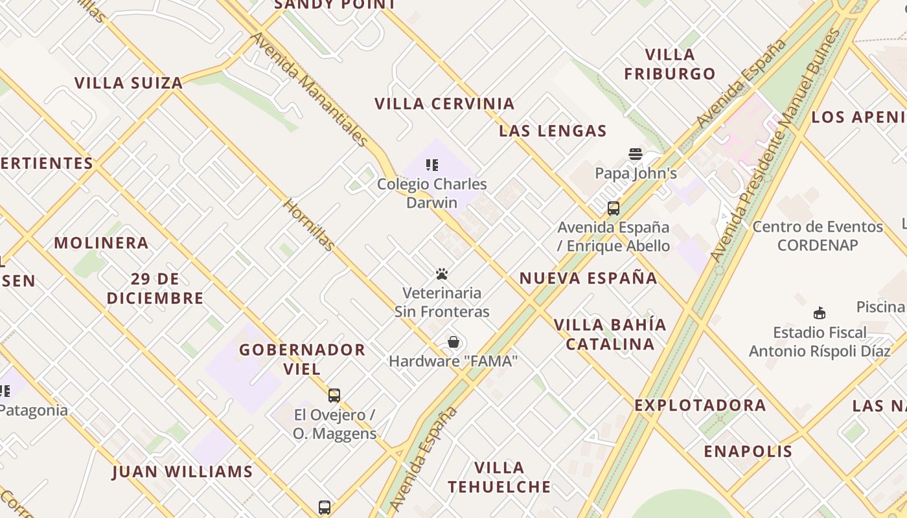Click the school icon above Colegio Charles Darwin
[x=432, y=165]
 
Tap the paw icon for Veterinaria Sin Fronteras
[x=442, y=274]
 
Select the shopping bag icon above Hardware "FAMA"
[x=454, y=342]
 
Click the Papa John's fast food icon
[x=636, y=154]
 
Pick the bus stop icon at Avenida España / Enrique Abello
[x=613, y=208]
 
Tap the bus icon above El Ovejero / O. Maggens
[x=334, y=396]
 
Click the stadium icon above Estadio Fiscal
[x=820, y=313]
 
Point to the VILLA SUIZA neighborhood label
[x=128, y=83]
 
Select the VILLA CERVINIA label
[x=444, y=104]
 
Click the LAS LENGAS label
[x=553, y=131]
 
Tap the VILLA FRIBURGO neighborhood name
[x=670, y=64]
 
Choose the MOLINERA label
[x=101, y=243]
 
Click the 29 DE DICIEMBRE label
[x=155, y=289]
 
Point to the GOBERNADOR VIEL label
[x=302, y=359]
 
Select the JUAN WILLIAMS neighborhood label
[x=182, y=471]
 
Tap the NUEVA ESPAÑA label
[x=588, y=278]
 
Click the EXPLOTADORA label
[x=700, y=405]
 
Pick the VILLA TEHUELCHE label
[x=499, y=477]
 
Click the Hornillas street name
[x=310, y=225]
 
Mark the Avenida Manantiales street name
[x=309, y=89]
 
